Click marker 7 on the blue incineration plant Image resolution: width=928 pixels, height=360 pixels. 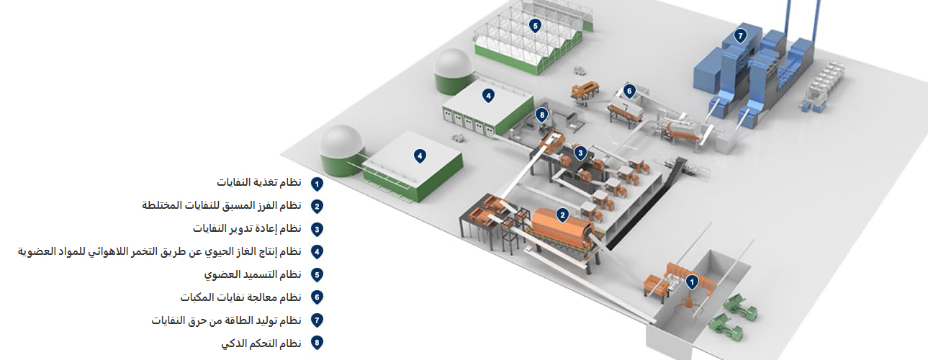[740, 35]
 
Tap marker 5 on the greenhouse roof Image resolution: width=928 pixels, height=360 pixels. [534, 26]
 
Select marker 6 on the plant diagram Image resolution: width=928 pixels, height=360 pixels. [629, 91]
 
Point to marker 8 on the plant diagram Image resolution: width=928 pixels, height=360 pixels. [542, 114]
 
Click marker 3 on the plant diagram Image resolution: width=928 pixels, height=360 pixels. [580, 152]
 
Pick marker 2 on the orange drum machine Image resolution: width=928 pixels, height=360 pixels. [563, 213]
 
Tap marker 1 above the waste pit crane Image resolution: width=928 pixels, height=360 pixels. [692, 281]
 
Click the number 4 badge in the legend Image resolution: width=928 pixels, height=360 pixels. [317, 251]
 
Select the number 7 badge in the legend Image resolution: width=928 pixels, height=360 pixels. [317, 320]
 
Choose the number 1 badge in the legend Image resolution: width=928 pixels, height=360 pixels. [317, 184]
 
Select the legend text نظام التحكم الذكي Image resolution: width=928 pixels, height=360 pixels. [261, 343]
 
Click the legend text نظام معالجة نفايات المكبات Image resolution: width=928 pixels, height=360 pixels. [240, 297]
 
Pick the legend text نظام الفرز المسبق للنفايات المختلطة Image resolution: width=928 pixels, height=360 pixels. [222, 205]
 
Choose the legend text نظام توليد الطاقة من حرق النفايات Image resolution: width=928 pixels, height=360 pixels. [226, 320]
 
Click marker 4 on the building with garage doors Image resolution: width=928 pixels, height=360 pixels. [488, 95]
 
